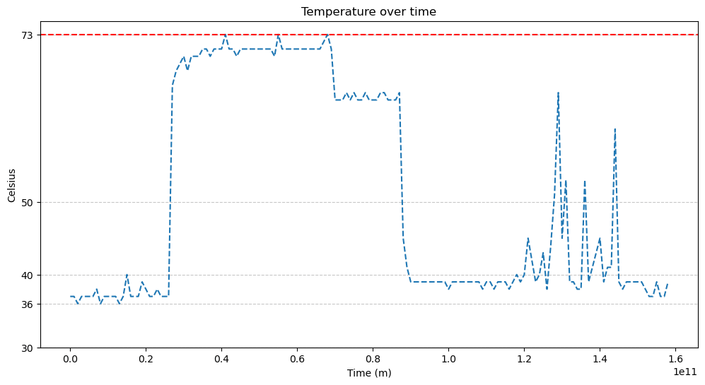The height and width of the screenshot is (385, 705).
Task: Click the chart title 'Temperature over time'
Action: (368, 11)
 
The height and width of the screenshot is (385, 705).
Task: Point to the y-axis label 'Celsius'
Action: (11, 185)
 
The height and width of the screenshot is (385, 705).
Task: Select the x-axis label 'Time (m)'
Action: (368, 373)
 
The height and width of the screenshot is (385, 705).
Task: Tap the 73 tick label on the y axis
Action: (28, 35)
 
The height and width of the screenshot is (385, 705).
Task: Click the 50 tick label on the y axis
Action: (28, 202)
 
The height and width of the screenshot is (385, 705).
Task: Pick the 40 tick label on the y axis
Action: (28, 275)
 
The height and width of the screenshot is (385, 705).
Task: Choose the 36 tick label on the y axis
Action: (28, 304)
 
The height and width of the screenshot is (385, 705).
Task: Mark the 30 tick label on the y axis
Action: (28, 348)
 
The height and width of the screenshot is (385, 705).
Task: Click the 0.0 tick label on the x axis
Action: (70, 359)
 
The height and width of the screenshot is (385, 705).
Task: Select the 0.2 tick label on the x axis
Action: (146, 359)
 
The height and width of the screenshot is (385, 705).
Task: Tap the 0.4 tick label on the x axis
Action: (221, 359)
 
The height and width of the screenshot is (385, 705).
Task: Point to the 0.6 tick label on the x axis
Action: (297, 359)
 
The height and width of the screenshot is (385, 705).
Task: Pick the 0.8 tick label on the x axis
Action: (373, 359)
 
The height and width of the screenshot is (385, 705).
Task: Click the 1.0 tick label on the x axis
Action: (448, 359)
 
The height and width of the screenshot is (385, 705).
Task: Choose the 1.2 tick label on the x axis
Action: (524, 359)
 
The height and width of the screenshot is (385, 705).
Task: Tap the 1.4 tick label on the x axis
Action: (600, 359)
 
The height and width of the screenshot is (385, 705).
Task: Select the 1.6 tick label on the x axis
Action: (675, 359)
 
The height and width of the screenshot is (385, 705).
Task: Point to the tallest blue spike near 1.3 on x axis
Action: (558, 93)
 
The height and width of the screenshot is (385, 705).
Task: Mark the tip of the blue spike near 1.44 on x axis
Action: (615, 129)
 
